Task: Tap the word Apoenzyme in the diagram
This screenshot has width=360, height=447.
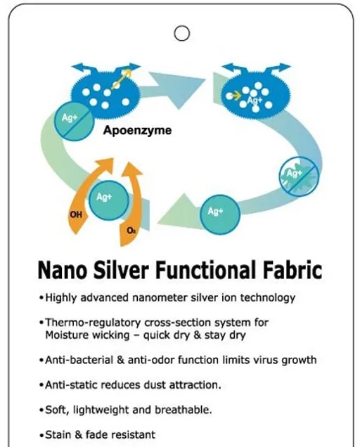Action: [138, 131]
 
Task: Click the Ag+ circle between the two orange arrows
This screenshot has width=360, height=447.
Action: [109, 200]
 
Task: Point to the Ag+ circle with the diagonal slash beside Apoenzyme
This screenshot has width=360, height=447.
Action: [74, 121]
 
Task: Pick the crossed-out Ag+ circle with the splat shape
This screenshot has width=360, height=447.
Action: [299, 176]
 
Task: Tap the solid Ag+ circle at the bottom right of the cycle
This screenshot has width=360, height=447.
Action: [220, 214]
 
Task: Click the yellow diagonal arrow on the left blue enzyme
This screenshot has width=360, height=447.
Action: [122, 78]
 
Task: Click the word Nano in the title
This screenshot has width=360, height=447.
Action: [62, 270]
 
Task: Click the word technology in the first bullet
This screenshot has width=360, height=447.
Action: [268, 298]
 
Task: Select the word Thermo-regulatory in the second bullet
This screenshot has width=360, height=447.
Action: [93, 323]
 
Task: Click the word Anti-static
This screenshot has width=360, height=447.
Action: [72, 385]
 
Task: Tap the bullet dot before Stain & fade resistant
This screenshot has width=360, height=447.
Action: [41, 436]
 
